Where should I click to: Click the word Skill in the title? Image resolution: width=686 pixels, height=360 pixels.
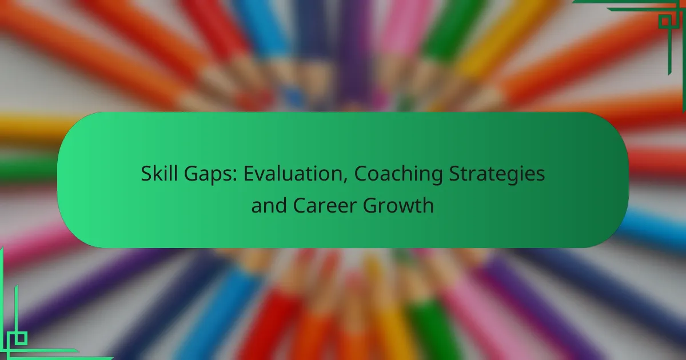[x=159, y=173]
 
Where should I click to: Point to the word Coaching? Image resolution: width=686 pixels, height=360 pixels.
[x=398, y=175]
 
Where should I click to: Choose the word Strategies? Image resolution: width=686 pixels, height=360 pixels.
[x=497, y=175]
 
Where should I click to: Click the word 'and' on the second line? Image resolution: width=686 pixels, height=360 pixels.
[x=269, y=205]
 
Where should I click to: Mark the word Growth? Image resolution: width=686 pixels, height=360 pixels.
[x=398, y=205]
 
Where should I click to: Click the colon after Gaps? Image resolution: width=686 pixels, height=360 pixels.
[x=235, y=177]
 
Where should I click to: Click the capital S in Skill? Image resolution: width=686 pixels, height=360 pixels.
[x=146, y=173]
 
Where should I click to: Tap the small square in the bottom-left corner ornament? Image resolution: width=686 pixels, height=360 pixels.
[x=21, y=338]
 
